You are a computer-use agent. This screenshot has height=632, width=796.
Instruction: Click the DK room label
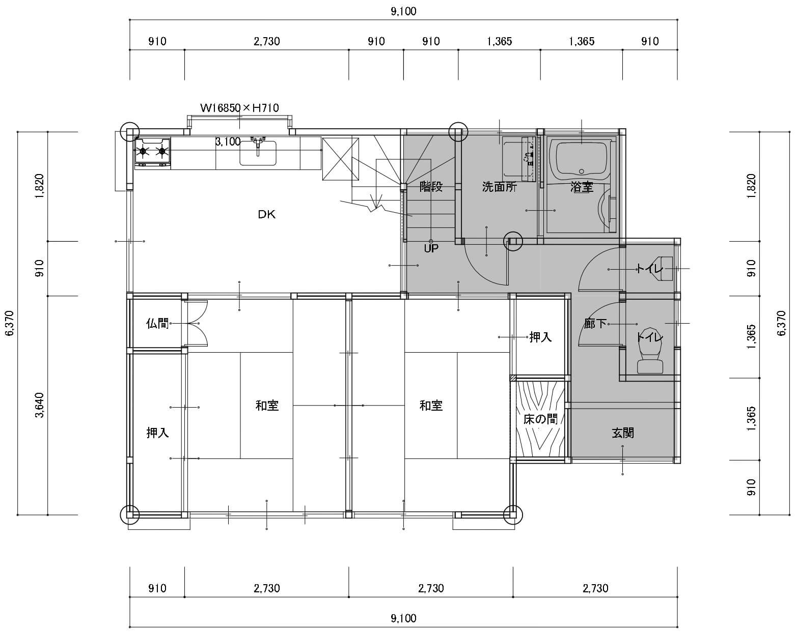[266, 214]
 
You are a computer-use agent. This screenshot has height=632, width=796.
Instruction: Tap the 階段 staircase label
[431, 187]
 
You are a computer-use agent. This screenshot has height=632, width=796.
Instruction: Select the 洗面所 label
[500, 187]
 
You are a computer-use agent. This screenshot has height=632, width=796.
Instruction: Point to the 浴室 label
[582, 187]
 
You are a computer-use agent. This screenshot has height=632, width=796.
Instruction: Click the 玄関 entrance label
[623, 433]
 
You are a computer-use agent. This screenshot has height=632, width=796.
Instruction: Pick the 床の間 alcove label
[540, 419]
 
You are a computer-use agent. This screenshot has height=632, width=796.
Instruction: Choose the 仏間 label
[157, 324]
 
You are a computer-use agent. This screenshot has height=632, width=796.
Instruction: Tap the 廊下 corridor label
[595, 324]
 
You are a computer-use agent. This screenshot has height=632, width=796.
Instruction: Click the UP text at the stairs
[431, 249]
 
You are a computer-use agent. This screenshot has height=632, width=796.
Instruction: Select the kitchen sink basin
[258, 153]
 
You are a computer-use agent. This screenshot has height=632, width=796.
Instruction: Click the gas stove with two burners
[152, 152]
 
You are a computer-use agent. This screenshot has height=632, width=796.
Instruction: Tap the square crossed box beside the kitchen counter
[340, 159]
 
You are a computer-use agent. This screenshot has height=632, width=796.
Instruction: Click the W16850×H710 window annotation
[239, 108]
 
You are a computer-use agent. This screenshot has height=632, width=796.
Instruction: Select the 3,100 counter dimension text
[228, 141]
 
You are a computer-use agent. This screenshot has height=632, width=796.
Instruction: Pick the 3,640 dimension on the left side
[40, 405]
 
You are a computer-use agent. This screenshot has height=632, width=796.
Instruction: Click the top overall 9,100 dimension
[403, 12]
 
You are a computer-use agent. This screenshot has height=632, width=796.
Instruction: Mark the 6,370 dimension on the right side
[781, 323]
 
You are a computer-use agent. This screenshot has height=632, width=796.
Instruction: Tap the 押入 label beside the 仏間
[157, 433]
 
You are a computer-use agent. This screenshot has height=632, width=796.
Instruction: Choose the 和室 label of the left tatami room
[267, 406]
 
